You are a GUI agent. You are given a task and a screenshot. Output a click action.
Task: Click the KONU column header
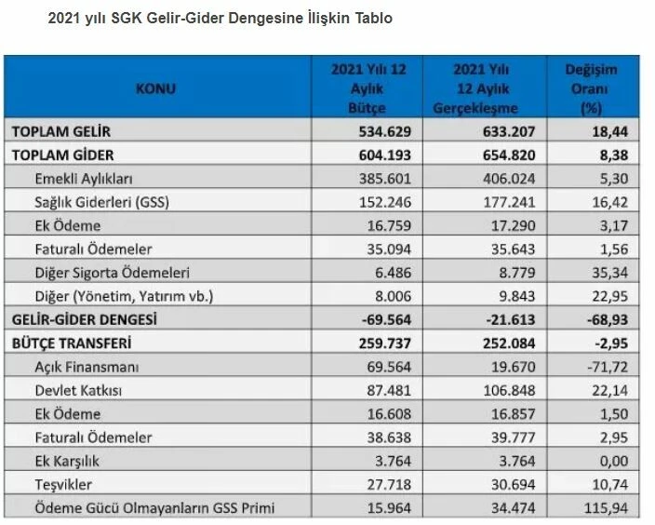(155, 89)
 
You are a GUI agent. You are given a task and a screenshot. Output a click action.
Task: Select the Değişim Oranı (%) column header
(591, 89)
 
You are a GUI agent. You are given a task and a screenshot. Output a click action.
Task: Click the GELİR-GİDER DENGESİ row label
(83, 318)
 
